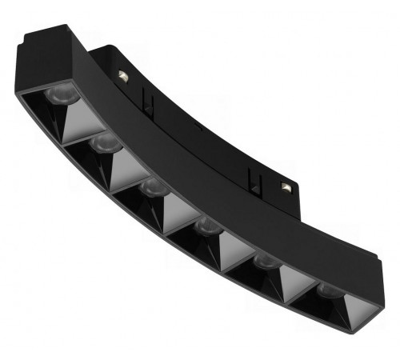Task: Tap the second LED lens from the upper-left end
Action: tap(106, 144)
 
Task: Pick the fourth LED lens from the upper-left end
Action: tap(208, 226)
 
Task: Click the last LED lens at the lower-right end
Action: tap(328, 290)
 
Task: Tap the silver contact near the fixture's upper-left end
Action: tap(122, 75)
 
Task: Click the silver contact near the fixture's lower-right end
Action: tap(286, 186)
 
